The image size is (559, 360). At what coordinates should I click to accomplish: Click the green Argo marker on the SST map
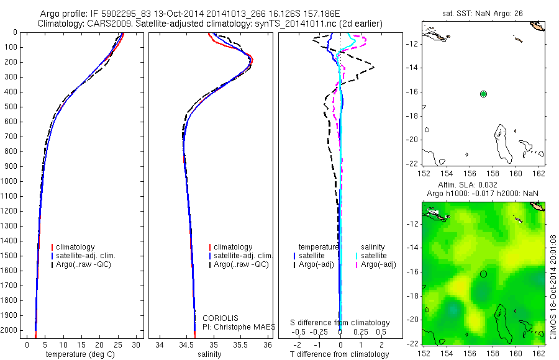(484, 94)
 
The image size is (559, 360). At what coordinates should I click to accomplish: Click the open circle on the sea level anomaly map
(484, 274)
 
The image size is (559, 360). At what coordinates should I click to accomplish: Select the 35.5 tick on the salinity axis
(241, 344)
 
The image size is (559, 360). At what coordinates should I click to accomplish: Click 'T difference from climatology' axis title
(339, 354)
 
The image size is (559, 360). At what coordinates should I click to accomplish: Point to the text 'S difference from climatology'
(340, 323)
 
